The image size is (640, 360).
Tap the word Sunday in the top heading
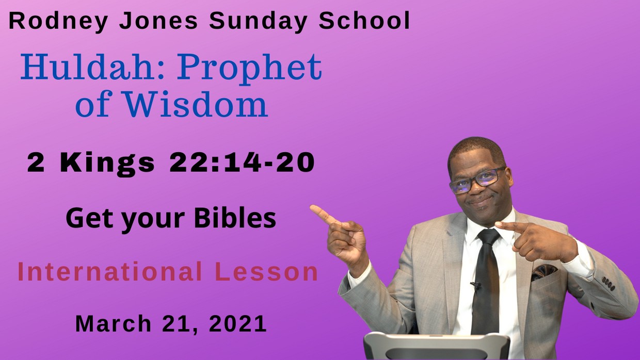(259, 21)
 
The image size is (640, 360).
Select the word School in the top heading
(364, 21)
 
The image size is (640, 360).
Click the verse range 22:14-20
(242, 162)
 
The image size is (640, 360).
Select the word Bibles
(235, 218)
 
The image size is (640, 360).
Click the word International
(109, 272)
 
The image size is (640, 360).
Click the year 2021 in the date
(238, 324)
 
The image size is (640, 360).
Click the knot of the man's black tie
(488, 238)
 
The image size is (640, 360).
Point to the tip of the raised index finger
(313, 208)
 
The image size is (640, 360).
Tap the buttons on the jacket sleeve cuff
(609, 283)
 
